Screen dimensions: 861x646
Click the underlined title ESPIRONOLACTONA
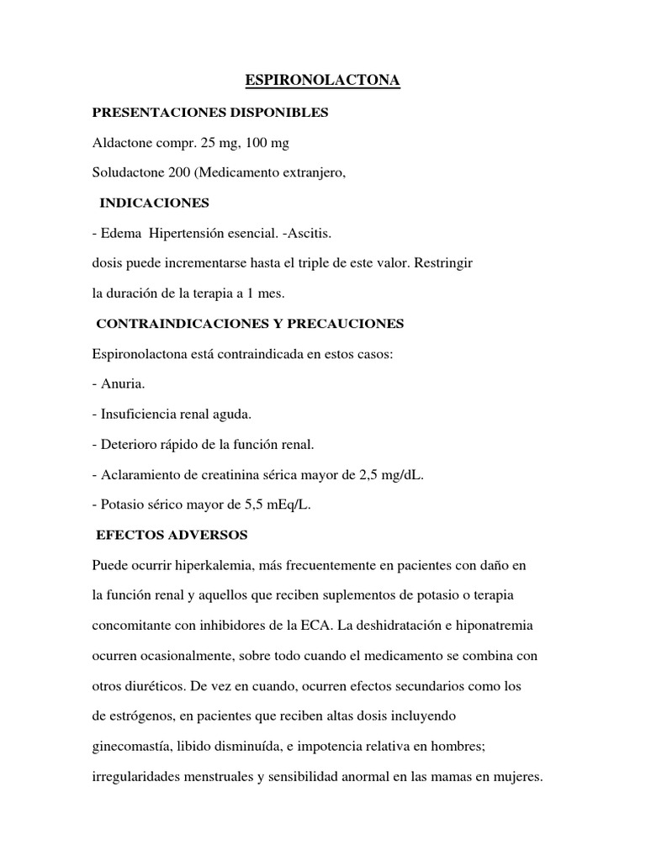(x=322, y=81)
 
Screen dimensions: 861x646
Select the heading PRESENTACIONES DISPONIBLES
(x=210, y=112)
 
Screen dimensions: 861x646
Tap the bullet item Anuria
(x=123, y=383)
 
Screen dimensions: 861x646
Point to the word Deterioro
(x=128, y=444)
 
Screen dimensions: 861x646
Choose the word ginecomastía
(x=134, y=747)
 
